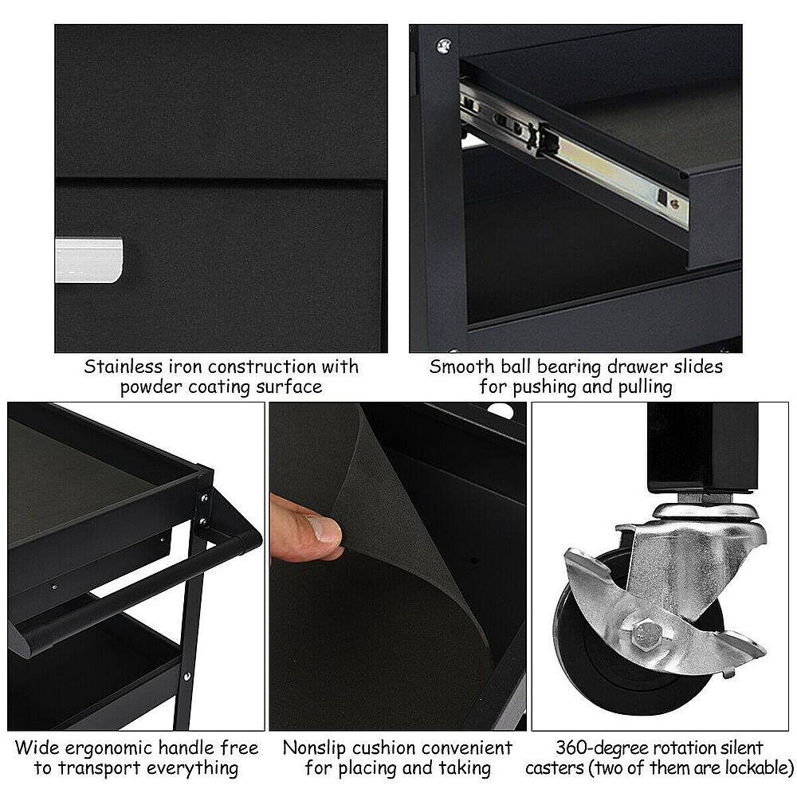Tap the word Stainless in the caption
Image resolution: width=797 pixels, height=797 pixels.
click(x=122, y=367)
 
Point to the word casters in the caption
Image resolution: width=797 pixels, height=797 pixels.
click(x=558, y=768)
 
